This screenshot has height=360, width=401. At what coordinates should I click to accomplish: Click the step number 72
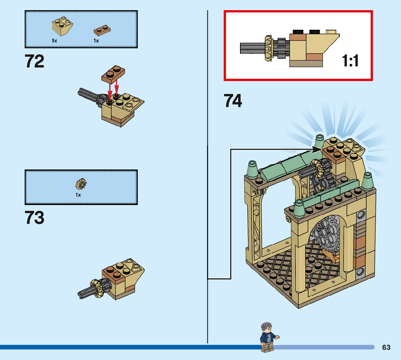click(34, 61)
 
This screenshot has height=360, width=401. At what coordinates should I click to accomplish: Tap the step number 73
click(34, 218)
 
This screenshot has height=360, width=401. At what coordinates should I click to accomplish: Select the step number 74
click(233, 101)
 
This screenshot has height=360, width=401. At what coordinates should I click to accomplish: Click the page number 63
click(386, 347)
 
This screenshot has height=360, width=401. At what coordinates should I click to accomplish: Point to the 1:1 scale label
click(350, 61)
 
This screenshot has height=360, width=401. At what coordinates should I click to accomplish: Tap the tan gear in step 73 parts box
click(82, 184)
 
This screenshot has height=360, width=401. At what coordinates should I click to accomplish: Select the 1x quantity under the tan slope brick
click(54, 41)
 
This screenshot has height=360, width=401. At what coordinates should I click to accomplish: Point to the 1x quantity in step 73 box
click(78, 195)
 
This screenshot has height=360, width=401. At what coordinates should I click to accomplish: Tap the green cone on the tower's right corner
click(368, 180)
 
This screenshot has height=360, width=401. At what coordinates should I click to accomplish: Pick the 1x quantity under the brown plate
click(96, 41)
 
